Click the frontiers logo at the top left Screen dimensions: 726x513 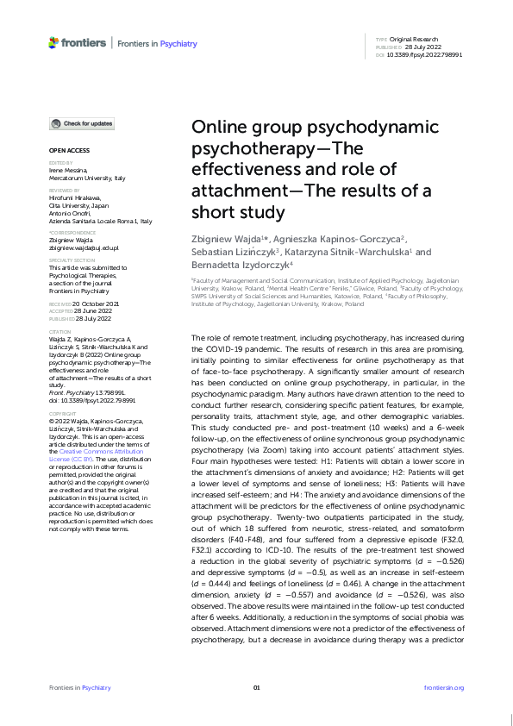78,42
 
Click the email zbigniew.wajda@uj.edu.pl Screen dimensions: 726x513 84,247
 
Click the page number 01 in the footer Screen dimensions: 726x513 256,687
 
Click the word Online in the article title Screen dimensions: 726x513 217,127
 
